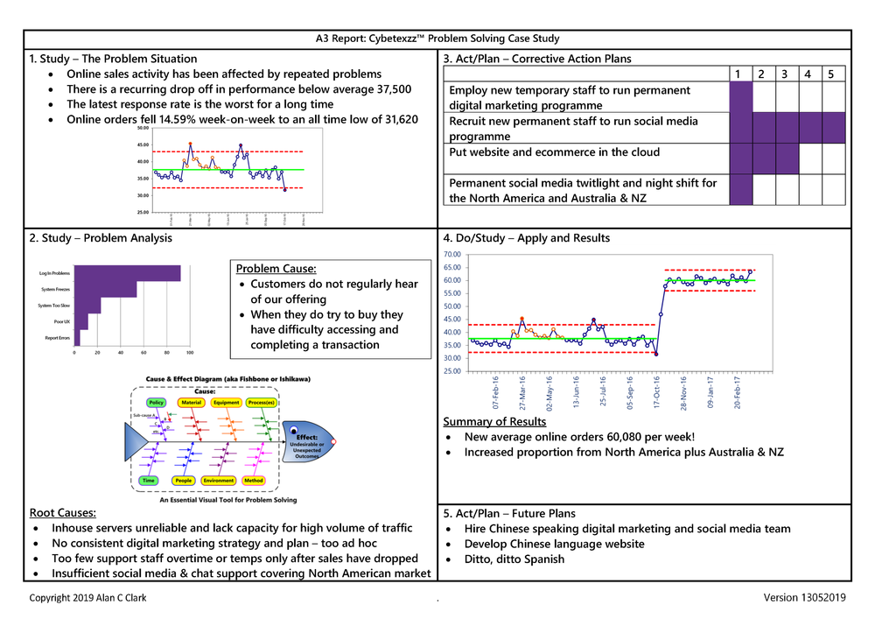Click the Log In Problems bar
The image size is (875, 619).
(128, 274)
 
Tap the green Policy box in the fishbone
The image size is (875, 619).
(156, 403)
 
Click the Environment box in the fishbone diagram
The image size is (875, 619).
(218, 481)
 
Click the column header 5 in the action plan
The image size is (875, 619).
(829, 74)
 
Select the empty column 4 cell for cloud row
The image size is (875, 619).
(808, 158)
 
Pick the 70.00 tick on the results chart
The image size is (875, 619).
(454, 255)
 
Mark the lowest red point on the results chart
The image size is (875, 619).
(656, 354)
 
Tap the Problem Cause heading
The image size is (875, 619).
(276, 268)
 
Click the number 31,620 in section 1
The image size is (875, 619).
(395, 119)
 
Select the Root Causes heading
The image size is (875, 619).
(62, 512)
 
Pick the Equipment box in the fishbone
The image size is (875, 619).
(226, 403)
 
